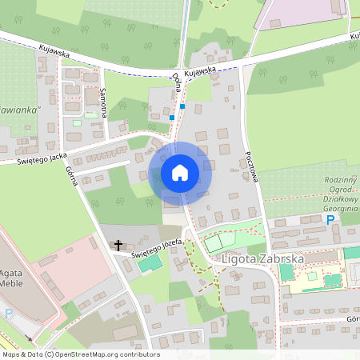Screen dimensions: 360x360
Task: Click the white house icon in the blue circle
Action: pyautogui.click(x=179, y=173)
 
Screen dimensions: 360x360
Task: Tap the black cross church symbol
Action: pyautogui.click(x=119, y=245)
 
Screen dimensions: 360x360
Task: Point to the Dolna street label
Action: pyautogui.click(x=176, y=82)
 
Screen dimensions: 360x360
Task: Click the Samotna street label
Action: pyautogui.click(x=105, y=101)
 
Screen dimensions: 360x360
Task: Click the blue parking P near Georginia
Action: pyautogui.click(x=330, y=219)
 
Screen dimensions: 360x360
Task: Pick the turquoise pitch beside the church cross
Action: pyautogui.click(x=144, y=263)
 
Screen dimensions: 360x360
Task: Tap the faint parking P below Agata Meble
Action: pyautogui.click(x=10, y=314)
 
